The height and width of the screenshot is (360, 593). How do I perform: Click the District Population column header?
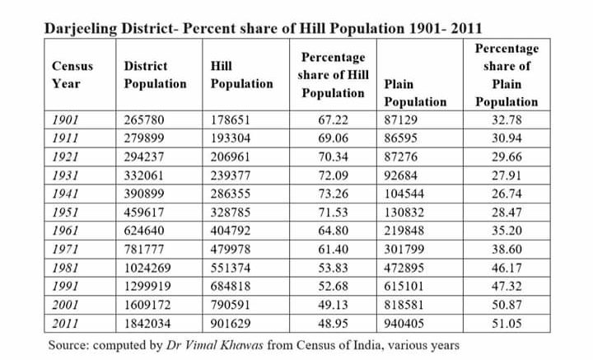click(155, 74)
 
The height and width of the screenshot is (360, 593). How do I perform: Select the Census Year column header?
click(72, 74)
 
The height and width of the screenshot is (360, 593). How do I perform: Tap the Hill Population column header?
click(241, 74)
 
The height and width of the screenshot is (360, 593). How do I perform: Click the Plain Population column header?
click(415, 92)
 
